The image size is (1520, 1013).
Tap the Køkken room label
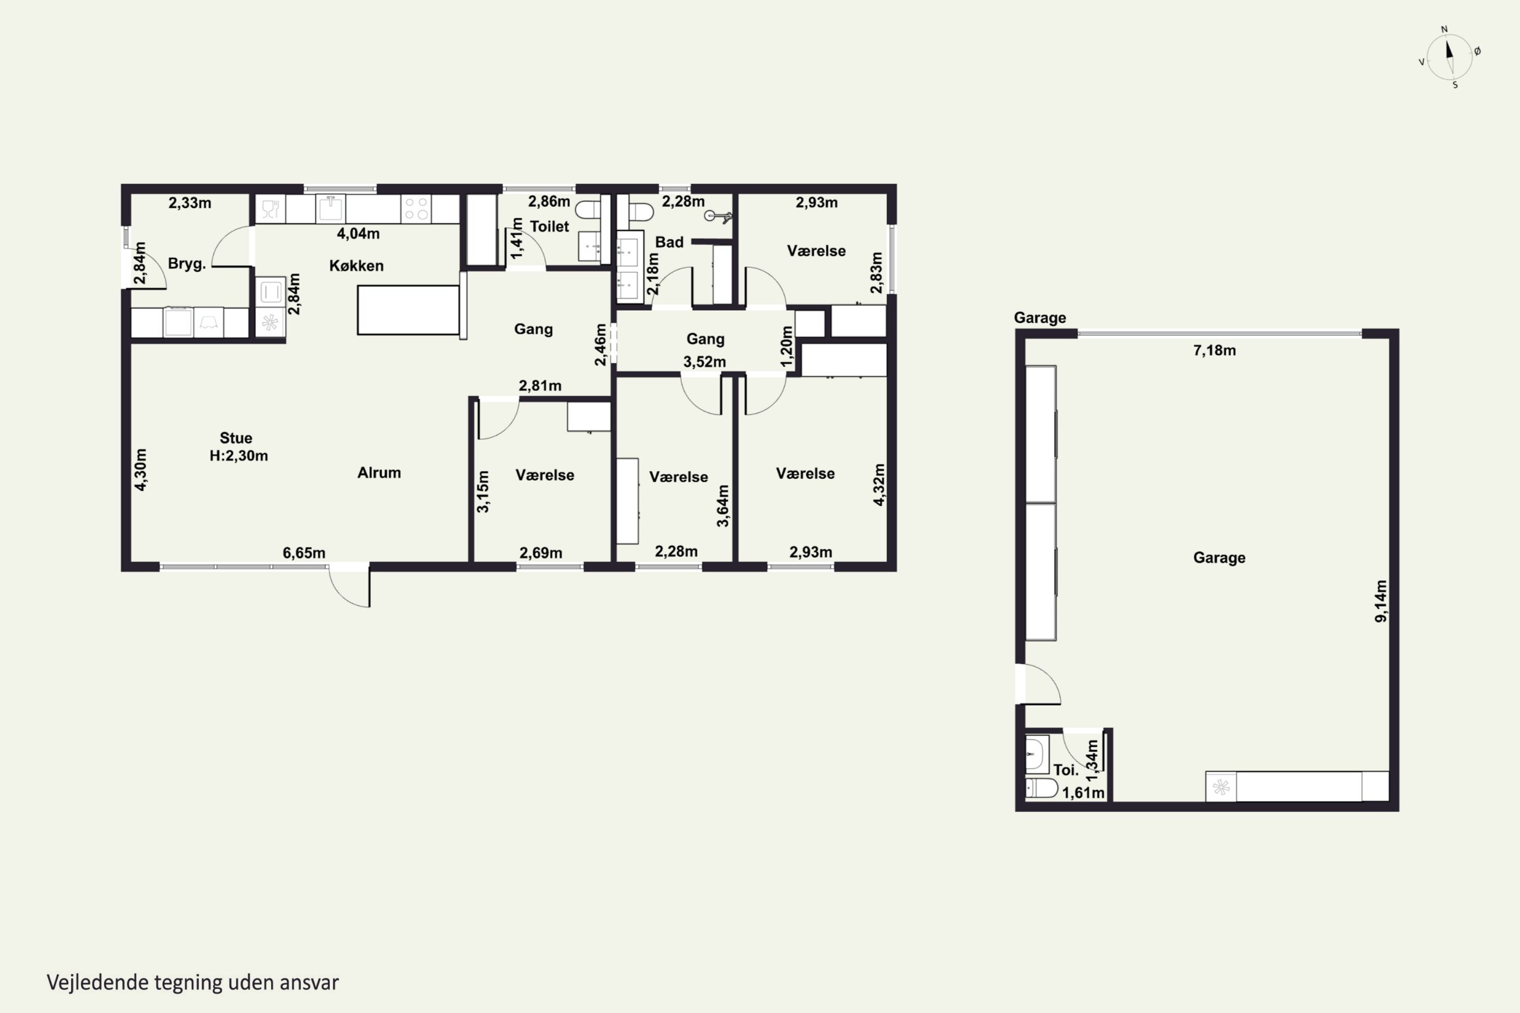(x=356, y=265)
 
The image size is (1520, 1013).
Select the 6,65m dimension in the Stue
(x=303, y=553)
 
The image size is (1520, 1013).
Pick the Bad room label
(x=669, y=242)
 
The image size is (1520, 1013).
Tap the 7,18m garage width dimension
(x=1214, y=350)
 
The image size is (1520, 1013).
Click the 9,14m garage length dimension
(x=1380, y=601)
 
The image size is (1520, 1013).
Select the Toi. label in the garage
(x=1066, y=770)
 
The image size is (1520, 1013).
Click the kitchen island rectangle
(x=408, y=310)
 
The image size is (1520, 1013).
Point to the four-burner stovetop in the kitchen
(x=416, y=209)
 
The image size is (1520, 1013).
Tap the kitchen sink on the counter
(x=330, y=209)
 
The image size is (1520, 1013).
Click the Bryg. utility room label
(x=187, y=263)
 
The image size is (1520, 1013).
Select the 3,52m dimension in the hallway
(x=704, y=362)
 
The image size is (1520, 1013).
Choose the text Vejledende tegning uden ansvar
(x=193, y=983)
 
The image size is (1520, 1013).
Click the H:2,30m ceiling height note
(x=239, y=455)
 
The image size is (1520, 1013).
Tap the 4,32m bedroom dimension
(x=879, y=485)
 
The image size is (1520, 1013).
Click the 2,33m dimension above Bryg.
(x=190, y=203)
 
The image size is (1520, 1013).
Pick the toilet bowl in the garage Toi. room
(x=1041, y=788)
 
